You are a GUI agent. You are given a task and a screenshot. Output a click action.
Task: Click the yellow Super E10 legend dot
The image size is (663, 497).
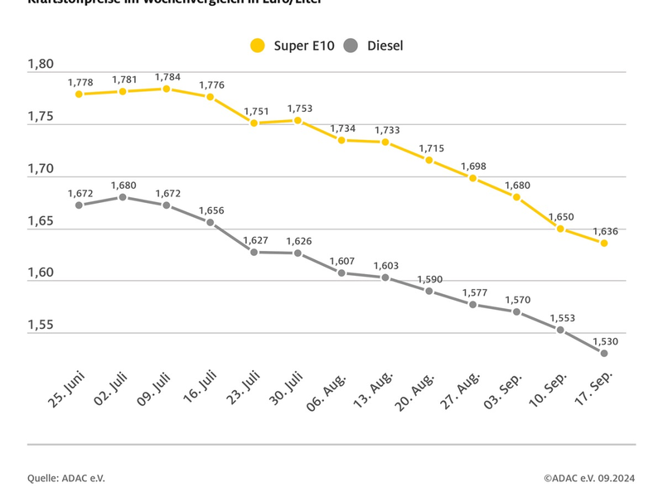click(x=258, y=46)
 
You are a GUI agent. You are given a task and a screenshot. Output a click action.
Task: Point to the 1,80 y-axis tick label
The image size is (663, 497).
click(x=41, y=65)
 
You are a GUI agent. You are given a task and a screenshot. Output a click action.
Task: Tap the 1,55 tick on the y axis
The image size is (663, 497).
click(x=41, y=325)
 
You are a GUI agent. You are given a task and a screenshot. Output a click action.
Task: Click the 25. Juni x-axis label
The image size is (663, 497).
click(x=66, y=388)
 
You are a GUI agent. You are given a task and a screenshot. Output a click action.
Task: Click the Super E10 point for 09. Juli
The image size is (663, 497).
click(x=167, y=89)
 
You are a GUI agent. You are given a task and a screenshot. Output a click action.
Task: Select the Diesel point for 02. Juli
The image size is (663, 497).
click(x=123, y=197)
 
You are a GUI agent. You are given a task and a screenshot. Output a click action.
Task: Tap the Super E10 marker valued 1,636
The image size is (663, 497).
click(x=604, y=243)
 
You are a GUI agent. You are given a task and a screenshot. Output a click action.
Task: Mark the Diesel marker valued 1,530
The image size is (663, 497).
click(x=604, y=353)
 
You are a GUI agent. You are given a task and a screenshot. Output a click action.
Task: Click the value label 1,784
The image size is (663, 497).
click(x=167, y=77)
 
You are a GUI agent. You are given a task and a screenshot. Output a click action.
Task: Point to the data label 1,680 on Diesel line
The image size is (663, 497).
click(x=123, y=186)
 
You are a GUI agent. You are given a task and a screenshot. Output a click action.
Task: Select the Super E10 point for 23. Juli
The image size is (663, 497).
click(x=254, y=123)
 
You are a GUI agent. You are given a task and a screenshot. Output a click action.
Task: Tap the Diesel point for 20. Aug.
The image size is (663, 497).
click(x=429, y=291)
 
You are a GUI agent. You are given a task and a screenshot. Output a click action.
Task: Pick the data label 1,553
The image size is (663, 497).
click(x=561, y=318)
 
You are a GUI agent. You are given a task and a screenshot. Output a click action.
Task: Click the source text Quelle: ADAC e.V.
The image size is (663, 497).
click(x=66, y=478)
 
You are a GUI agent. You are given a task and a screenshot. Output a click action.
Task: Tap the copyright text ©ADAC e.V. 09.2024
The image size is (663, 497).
click(x=589, y=478)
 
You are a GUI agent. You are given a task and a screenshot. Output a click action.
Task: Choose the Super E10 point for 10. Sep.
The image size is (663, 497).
click(x=560, y=229)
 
